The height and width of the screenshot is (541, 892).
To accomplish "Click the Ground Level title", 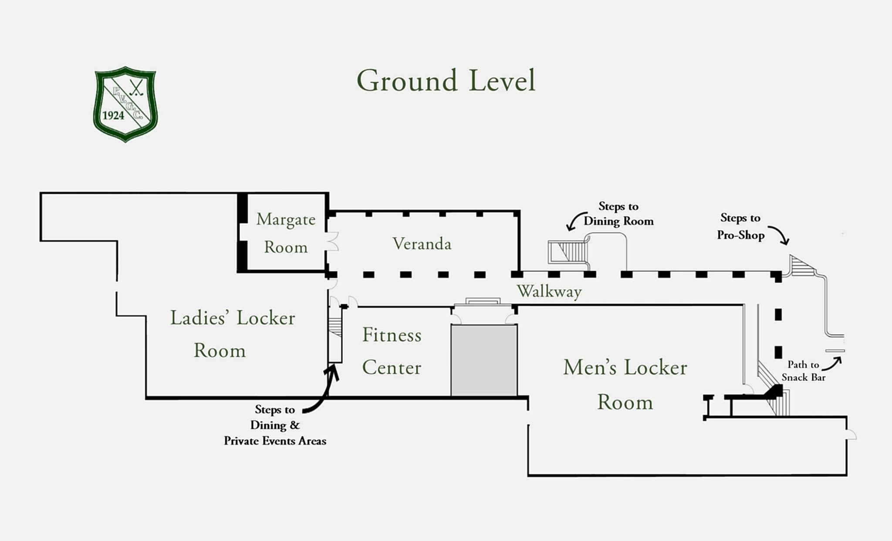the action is coord(446,81).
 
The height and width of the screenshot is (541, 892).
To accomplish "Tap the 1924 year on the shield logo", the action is coord(113,116).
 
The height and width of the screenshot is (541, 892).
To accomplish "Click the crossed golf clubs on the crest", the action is coord(137,87).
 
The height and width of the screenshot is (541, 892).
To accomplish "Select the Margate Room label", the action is coord(286,233).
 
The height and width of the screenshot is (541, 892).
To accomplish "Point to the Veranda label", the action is coord(422,244).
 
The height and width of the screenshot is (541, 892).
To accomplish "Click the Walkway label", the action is coord(549,291).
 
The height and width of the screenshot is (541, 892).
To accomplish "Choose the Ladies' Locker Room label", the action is coord(232,334).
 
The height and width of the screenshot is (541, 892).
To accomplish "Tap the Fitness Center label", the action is coord(392,351).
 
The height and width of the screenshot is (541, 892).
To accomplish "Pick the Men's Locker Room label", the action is coord(625,384).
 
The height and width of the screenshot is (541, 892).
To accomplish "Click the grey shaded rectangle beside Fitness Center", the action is coord(484,360).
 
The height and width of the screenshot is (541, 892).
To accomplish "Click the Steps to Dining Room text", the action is coord(618,214).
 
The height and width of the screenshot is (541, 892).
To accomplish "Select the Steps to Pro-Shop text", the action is coord(740,226).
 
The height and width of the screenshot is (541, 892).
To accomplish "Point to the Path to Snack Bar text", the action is coord(803,371).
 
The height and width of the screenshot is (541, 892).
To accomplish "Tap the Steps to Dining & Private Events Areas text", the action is coord(275,425).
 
